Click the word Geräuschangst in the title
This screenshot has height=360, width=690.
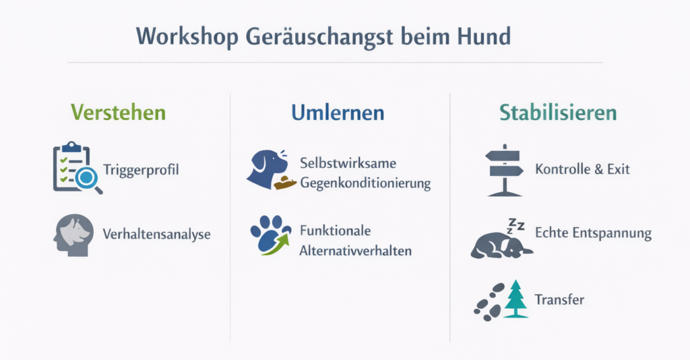click(x=319, y=37)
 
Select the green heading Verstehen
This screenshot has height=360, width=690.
click(x=118, y=112)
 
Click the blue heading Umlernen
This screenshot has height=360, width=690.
click(x=338, y=112)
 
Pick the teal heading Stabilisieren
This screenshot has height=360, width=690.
click(x=557, y=112)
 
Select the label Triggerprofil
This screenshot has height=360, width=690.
click(x=141, y=170)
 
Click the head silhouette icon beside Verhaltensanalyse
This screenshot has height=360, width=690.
click(x=74, y=235)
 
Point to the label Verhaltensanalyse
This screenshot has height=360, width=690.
click(x=156, y=234)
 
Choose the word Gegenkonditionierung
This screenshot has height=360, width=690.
click(x=365, y=183)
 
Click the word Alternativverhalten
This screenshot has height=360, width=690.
click(x=356, y=251)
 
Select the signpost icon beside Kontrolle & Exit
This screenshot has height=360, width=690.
click(x=504, y=170)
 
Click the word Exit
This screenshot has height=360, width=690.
click(x=619, y=169)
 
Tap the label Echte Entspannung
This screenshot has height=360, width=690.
click(x=593, y=233)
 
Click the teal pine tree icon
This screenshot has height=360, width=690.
click(x=515, y=299)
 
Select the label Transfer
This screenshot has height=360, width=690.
click(x=559, y=300)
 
